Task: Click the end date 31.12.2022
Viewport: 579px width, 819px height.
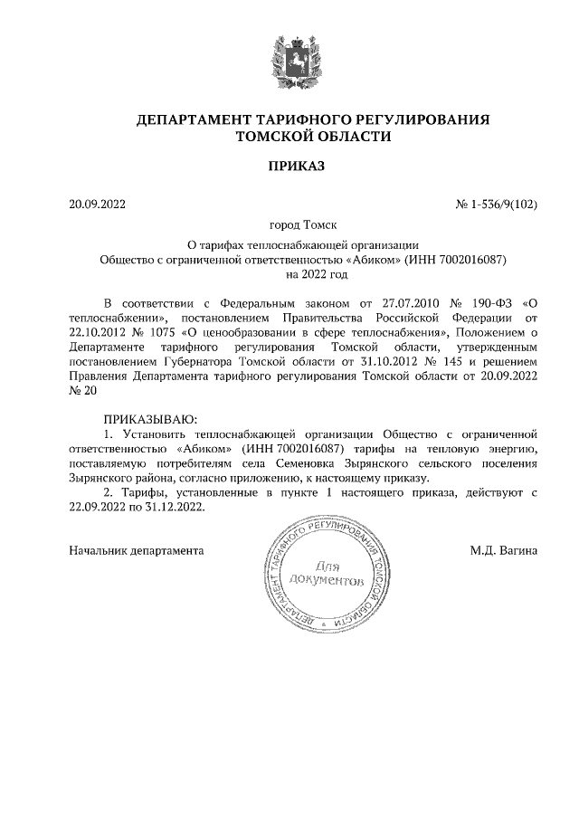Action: (176, 508)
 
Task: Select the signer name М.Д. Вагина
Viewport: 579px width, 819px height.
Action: (503, 549)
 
